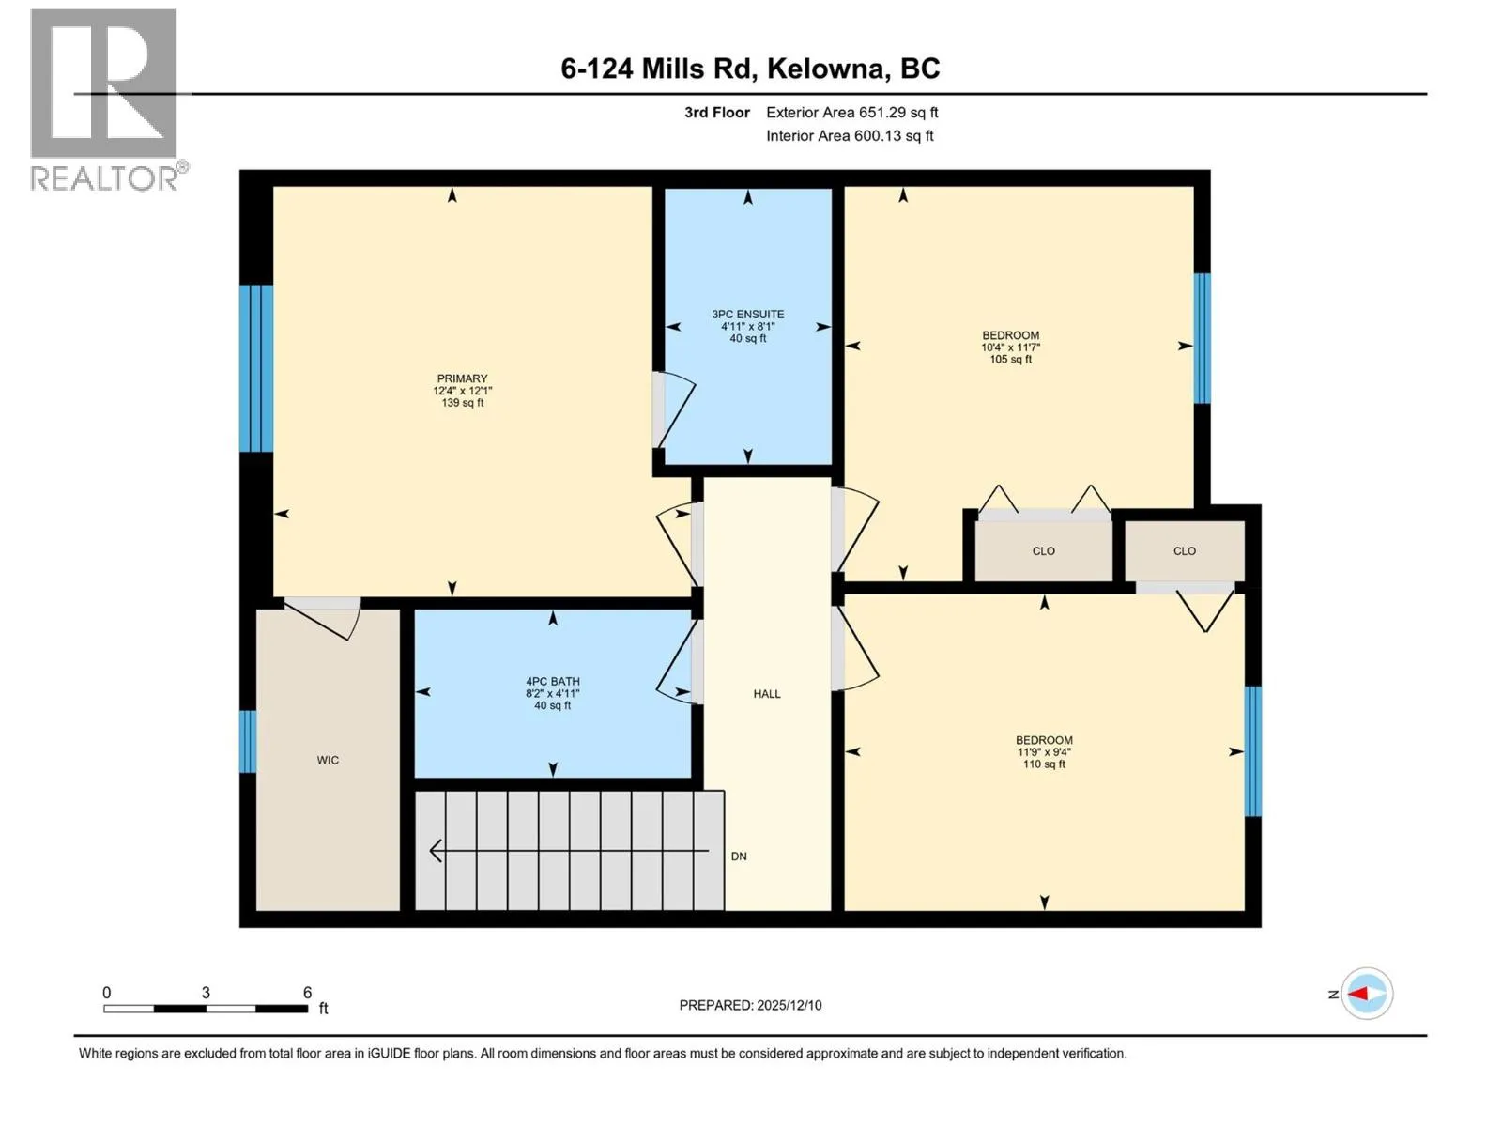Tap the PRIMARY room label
point(462,378)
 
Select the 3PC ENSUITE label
point(748,314)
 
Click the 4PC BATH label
point(552,682)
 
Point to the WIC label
point(328,760)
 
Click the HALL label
point(767,694)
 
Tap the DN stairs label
point(739,856)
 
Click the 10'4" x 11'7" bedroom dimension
point(1011,347)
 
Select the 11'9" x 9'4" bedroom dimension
point(1044,752)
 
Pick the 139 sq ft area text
point(463,403)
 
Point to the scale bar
point(206,1009)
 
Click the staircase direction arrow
point(569,851)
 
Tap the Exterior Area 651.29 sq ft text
point(852,113)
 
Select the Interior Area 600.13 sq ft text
point(850,136)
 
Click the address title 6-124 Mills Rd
point(656,69)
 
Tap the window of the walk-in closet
point(248,742)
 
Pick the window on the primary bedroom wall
point(256,368)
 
